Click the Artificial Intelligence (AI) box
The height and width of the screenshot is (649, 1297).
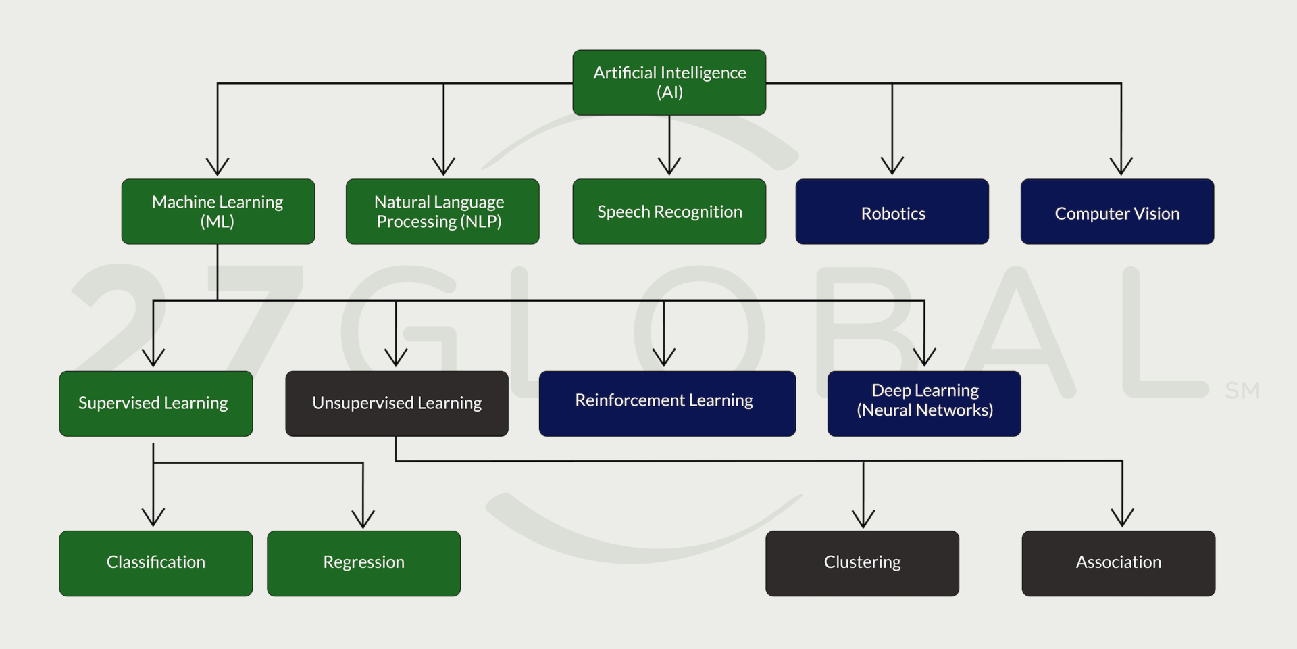coord(669,82)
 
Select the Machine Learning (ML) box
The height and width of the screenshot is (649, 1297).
coord(218,212)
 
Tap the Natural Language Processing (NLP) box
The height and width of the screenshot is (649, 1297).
coord(442,212)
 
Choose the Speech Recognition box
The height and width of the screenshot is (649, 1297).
coord(669,212)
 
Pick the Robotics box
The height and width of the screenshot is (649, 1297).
coord(892,212)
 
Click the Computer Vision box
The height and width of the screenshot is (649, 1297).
coord(1117,212)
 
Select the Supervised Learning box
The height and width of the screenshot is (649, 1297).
coord(155,404)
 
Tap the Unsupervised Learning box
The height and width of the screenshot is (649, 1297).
coord(397,404)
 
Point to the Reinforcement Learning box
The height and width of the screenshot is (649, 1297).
coord(667,404)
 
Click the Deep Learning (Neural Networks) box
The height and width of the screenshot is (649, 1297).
coord(923,404)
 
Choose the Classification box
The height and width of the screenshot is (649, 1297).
coord(155,563)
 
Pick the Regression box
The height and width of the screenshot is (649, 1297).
coord(363,563)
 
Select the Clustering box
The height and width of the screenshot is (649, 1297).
coord(862,563)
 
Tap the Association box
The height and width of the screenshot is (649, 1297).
coord(1118,563)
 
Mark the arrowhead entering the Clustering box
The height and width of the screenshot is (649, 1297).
coord(863,519)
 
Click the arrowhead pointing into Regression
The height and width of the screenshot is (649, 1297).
coord(363,519)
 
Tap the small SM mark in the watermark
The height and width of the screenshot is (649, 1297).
coord(1242,390)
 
